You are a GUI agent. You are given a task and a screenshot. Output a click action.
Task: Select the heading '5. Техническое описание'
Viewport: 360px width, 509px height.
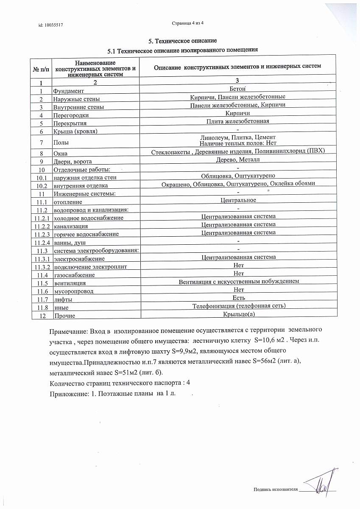coord(183,41)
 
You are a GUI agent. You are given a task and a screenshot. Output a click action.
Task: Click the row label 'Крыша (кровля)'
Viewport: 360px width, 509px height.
coord(75,131)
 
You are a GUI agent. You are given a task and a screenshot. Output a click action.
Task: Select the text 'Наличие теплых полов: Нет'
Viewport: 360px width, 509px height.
coord(237,144)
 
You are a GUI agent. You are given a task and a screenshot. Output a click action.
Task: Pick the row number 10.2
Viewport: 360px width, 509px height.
coord(42,185)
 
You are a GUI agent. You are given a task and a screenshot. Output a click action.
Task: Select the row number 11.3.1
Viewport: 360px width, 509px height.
coord(42,259)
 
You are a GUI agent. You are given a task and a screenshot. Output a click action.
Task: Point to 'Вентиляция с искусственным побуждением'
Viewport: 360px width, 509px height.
coord(239,281)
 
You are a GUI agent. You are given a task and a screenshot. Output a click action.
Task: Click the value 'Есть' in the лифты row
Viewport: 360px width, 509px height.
coord(239,297)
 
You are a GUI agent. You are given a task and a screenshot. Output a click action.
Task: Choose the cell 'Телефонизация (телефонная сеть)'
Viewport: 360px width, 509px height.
coord(239,305)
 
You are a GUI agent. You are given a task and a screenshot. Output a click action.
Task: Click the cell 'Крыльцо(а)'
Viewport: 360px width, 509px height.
coord(239,314)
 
